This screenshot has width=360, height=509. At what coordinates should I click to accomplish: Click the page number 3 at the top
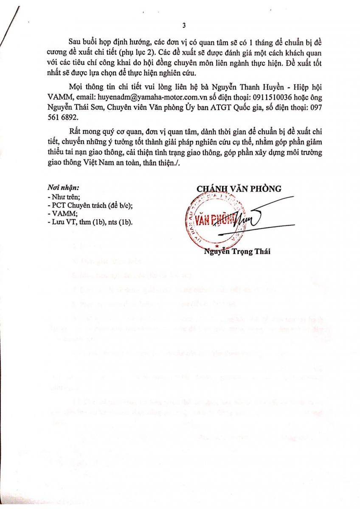coord(184,25)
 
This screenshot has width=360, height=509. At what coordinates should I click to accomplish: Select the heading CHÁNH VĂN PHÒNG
coord(239,189)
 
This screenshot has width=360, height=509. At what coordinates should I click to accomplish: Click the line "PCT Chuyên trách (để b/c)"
coord(91,205)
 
